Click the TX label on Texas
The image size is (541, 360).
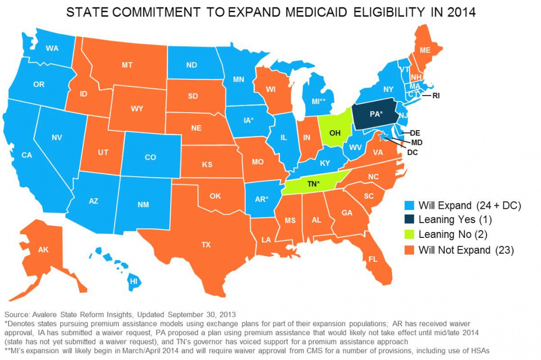tap(206, 245)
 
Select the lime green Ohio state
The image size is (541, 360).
tap(335, 132)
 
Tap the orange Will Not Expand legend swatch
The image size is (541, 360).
tap(409, 250)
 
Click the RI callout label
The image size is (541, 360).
tap(436, 96)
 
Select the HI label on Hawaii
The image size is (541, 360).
tap(134, 282)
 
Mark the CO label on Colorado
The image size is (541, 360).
tap(151, 157)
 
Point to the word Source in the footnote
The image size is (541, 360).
tap(18, 314)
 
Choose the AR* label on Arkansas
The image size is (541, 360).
tap(260, 199)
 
